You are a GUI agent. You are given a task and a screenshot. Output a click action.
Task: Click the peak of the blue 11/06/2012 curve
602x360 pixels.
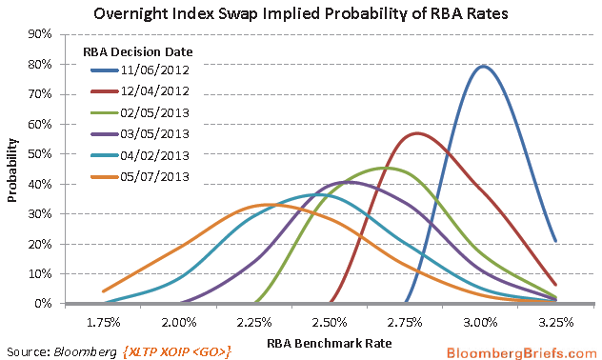coord(483,67)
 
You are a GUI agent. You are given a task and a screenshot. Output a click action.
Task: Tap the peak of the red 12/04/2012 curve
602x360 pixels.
coord(417,133)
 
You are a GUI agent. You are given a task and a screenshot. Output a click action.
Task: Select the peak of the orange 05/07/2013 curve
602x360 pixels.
coord(269,205)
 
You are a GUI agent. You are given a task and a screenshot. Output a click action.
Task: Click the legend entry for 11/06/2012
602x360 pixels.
coord(140,70)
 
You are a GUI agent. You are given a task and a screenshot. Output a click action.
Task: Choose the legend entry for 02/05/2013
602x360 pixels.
coord(140,112)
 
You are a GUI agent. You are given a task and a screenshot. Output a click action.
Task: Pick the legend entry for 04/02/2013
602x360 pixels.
coord(140,155)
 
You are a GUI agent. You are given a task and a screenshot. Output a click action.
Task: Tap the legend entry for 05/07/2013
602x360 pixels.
coord(140,177)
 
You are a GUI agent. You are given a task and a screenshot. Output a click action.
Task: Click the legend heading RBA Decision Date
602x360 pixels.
coord(138,51)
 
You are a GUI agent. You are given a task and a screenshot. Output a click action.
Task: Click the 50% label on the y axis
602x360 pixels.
coord(40,154)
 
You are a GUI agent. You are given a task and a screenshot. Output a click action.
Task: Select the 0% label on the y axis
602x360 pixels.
coord(43,304)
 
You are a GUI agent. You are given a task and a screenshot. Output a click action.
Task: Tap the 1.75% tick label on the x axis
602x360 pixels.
coord(103,323)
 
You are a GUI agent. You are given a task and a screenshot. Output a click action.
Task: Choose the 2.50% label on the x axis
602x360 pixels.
coord(330,323)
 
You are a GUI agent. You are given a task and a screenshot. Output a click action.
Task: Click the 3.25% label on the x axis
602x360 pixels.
coord(555,323)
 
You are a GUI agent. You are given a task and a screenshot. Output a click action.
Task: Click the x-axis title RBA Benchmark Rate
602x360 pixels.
coord(330,343)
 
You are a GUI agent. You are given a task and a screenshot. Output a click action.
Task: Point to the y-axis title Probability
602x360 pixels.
coord(12,170)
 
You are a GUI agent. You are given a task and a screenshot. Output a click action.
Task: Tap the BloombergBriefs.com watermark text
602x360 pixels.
coord(521,352)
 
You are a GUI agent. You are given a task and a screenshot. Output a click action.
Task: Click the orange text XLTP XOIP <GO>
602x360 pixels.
coord(177,352)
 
